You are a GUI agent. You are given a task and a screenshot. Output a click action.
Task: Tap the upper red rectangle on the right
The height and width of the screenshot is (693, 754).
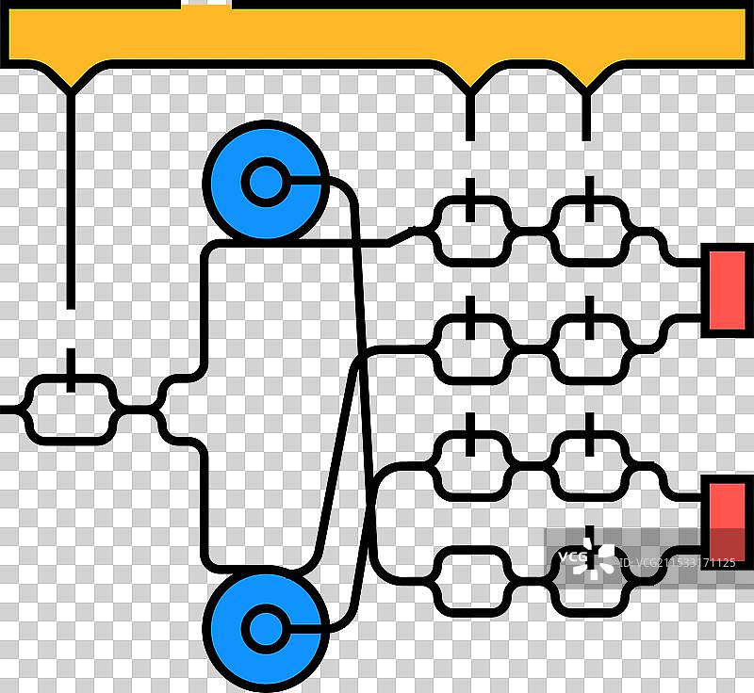[728, 289]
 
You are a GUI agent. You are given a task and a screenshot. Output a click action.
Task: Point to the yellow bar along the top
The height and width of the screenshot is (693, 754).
[377, 33]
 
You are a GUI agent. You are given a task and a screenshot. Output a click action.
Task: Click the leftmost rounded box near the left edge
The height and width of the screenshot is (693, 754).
[71, 410]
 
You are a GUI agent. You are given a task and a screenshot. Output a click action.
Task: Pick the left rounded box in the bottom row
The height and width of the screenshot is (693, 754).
[471, 580]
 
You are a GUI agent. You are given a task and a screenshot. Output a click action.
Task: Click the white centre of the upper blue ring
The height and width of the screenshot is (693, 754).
[265, 182]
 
